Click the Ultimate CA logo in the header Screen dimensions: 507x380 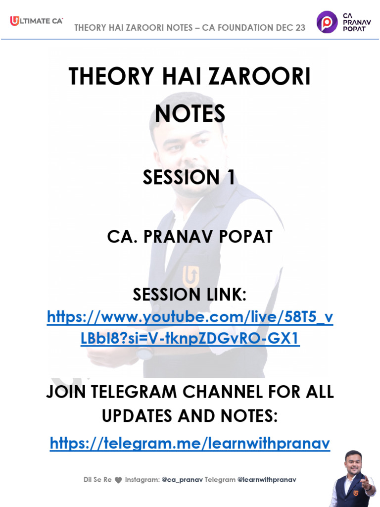[x=36, y=21]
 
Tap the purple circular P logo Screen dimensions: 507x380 [x=327, y=22]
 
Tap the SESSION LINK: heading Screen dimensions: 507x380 [x=190, y=295]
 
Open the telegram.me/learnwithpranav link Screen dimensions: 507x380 [x=190, y=444]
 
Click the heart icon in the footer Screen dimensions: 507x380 [x=118, y=480]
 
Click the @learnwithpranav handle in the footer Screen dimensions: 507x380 [x=267, y=480]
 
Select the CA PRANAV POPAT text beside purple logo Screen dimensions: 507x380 [x=354, y=22]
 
